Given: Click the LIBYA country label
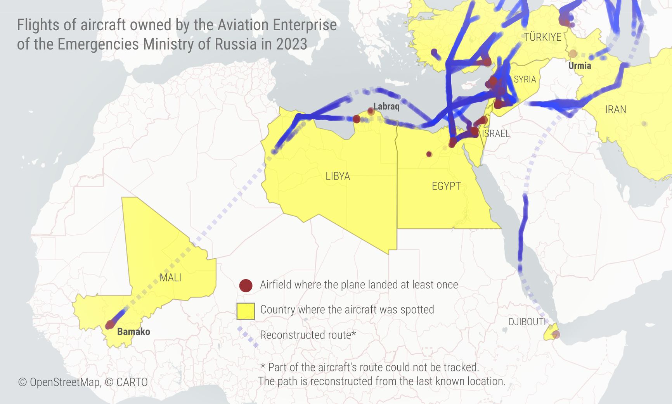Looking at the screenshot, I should pos(338,176).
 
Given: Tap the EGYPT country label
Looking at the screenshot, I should pos(446,186).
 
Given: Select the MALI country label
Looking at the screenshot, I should pos(170,278).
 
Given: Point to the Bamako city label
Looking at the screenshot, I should pos(133,331).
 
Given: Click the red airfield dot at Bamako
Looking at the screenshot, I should pos(110,325).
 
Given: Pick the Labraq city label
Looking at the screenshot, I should pos(386,106).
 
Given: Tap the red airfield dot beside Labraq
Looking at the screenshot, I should pos(371,112).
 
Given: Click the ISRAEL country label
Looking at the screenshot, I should pos(495,134).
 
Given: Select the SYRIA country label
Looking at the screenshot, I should pos(525,79).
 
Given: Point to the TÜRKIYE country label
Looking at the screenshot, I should pos(542,37).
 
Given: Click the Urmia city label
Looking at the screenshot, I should pos(580,66).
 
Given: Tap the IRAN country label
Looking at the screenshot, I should pos(615,110).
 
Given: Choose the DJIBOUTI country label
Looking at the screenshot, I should pos(527,322).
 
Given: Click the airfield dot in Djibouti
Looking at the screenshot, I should pos(556,334).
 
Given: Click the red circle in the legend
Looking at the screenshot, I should pos(246,285).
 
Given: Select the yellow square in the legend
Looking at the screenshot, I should pos(246,311).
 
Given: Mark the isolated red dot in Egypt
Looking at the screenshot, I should pos(429,154).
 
